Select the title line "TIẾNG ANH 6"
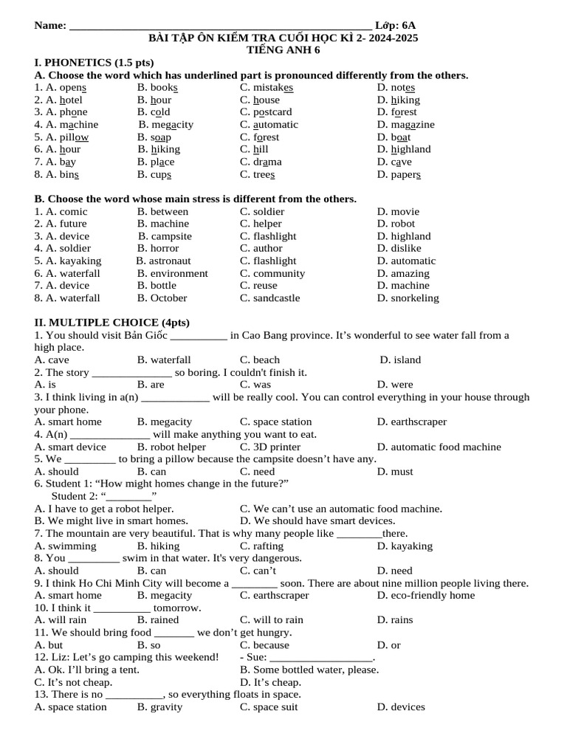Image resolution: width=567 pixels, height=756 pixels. [x=283, y=50]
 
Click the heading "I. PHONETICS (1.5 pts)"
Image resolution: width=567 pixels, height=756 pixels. [x=94, y=63]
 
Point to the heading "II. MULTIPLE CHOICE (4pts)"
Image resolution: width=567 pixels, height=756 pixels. [x=111, y=323]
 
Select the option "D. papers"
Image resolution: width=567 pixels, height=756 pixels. [x=399, y=174]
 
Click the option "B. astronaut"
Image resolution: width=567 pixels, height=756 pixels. [x=163, y=261]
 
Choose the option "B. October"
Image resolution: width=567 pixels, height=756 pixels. [x=162, y=298]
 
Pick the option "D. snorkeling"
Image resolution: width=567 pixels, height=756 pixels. [x=408, y=298]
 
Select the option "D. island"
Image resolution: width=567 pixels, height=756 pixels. [x=400, y=360]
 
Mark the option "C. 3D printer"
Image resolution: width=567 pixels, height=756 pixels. [x=270, y=447]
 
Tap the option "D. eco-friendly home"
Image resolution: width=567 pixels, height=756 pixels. [x=425, y=595]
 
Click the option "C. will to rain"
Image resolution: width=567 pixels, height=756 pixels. [x=272, y=620]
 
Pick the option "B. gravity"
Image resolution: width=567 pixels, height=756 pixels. [x=159, y=707]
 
